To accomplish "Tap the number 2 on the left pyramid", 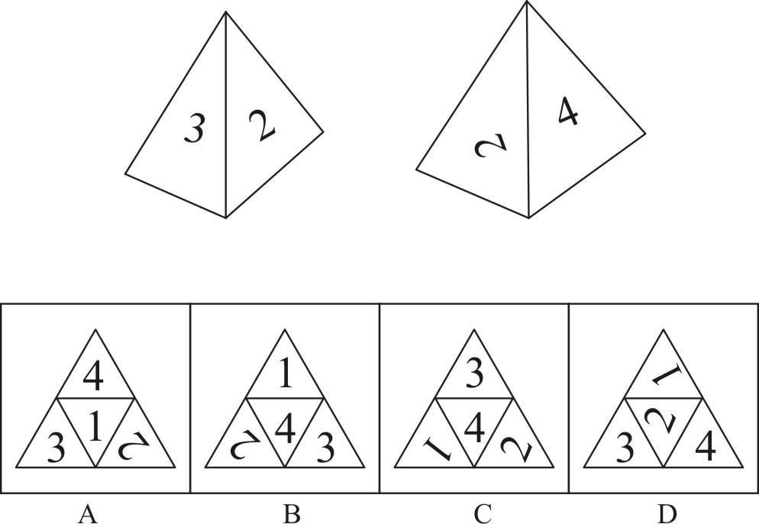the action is point(262,125).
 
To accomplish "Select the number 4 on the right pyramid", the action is point(568,112).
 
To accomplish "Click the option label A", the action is point(88,514).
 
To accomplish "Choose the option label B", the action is point(291,514).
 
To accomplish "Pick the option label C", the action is point(483,514).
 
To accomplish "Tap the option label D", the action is point(667,514).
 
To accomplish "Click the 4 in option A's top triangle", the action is point(93,377).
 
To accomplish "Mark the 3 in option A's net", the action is point(56,448).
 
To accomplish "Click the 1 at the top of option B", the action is point(286,375).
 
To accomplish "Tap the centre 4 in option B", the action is point(285,429).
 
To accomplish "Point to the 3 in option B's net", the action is point(325,448).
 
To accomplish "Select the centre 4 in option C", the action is point(474,429).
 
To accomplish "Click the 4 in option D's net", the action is point(705,447).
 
